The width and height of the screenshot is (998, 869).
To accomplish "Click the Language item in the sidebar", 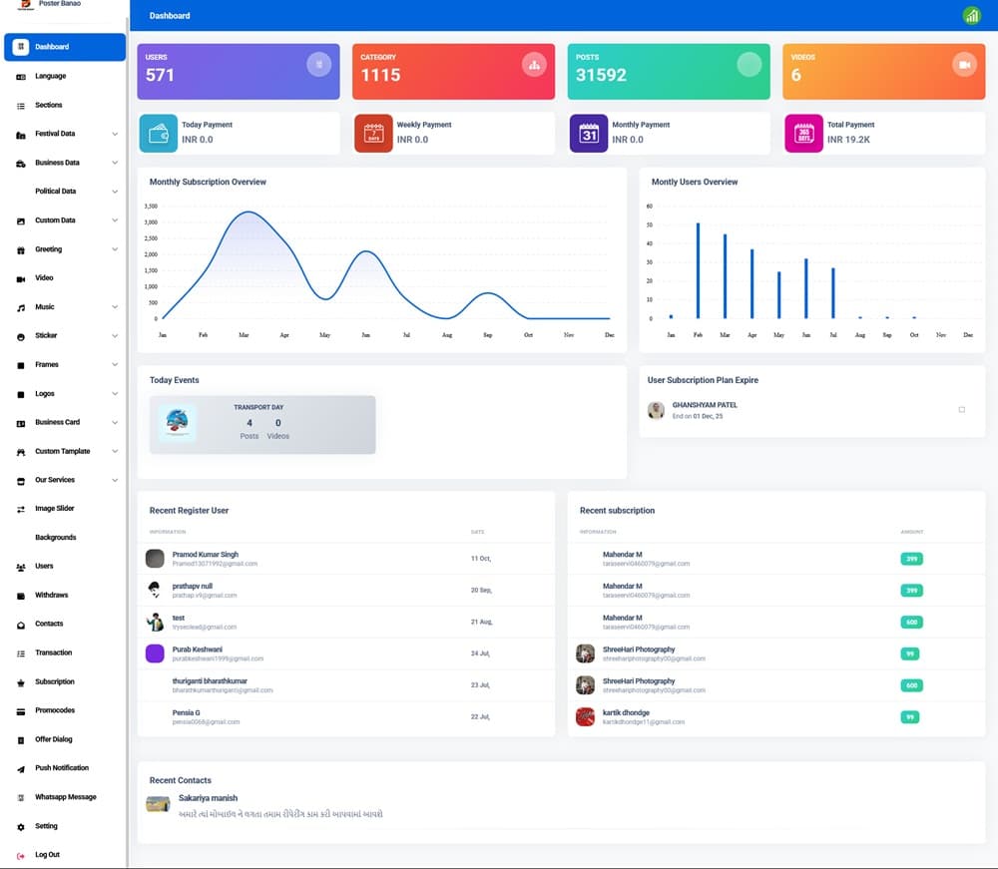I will coord(50,76).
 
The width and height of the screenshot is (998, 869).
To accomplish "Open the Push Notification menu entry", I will coord(62,768).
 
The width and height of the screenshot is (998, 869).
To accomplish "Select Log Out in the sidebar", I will coord(47,855).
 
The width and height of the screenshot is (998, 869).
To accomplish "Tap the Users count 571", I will coord(160,75).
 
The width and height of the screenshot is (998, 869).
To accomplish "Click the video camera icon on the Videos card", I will coord(964,65).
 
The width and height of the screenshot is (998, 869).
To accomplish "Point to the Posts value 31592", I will coord(601,75).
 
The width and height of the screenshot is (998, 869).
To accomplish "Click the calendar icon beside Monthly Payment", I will coord(589,133).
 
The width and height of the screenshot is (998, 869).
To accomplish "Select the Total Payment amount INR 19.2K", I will coord(848,140).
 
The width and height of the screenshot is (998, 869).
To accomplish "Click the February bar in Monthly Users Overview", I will coord(698,270).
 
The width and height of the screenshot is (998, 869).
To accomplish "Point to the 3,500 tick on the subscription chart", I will coord(151,207).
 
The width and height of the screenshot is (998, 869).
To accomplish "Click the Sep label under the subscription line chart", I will coord(487,335).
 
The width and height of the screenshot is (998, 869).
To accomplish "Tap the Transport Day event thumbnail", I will coord(178,423).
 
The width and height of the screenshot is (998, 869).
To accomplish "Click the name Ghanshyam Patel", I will coord(705,405).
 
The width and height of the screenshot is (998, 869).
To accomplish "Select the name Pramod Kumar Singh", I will coord(206,554).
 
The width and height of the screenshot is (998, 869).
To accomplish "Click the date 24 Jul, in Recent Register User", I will coord(480,653).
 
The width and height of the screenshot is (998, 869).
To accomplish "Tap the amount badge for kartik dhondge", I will coord(910,717).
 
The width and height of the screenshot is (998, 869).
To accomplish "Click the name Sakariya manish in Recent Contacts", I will coord(208,798).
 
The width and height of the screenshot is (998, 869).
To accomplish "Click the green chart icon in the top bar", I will coord(971,16).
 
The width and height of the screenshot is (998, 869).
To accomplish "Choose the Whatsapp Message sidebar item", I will coord(66,797).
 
